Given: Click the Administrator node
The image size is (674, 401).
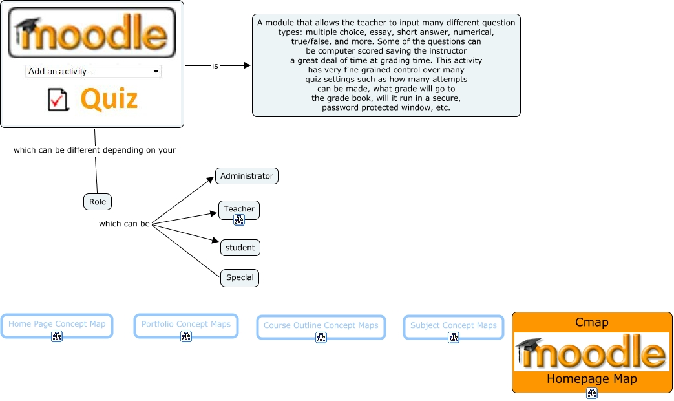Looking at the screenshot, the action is pyautogui.click(x=247, y=176).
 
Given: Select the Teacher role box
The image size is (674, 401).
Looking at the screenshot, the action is pyautogui.click(x=239, y=210).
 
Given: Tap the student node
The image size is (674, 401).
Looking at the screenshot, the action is pyautogui.click(x=240, y=248).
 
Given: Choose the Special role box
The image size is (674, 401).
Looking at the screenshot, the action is pyautogui.click(x=240, y=278).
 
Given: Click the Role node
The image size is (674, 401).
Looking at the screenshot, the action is pyautogui.click(x=98, y=202).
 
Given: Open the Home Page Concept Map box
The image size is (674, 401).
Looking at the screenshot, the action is pyautogui.click(x=57, y=326).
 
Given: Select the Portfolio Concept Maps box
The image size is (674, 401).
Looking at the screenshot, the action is pyautogui.click(x=186, y=326).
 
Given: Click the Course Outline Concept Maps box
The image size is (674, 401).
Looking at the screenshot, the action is pyautogui.click(x=321, y=327).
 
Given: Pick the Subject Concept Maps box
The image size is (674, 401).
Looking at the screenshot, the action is pyautogui.click(x=454, y=327).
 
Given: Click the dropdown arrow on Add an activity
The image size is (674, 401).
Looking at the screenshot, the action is pyautogui.click(x=156, y=72).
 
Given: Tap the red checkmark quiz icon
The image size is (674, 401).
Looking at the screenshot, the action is pyautogui.click(x=58, y=100).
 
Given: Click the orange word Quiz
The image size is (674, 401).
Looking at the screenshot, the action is pyautogui.click(x=109, y=98).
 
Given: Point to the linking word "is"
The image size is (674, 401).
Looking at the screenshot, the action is pyautogui.click(x=215, y=66).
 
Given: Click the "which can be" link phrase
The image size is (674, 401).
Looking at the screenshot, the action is pyautogui.click(x=124, y=224).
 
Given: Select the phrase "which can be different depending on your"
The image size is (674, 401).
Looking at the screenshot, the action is pyautogui.click(x=94, y=150).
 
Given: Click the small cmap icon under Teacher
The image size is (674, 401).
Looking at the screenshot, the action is pyautogui.click(x=239, y=221).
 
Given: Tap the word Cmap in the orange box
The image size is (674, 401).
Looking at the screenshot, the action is pyautogui.click(x=592, y=322).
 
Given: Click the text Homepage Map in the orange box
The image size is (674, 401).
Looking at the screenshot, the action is pyautogui.click(x=592, y=379).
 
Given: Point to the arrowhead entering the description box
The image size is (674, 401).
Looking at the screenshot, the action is pyautogui.click(x=247, y=65).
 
